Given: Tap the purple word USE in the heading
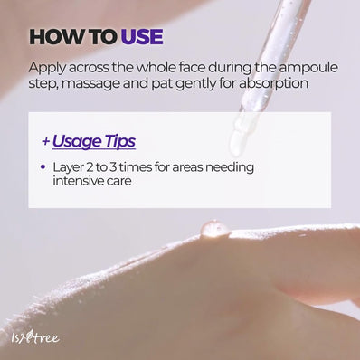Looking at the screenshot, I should tap(139, 37).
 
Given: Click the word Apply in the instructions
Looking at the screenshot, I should tap(45, 68).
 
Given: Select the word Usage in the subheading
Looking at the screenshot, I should tap(78, 141).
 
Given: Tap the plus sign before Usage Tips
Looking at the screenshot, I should tap(45, 142).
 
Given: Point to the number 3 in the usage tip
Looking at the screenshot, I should tap(118, 167).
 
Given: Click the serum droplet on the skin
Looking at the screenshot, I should tap(214, 229).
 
